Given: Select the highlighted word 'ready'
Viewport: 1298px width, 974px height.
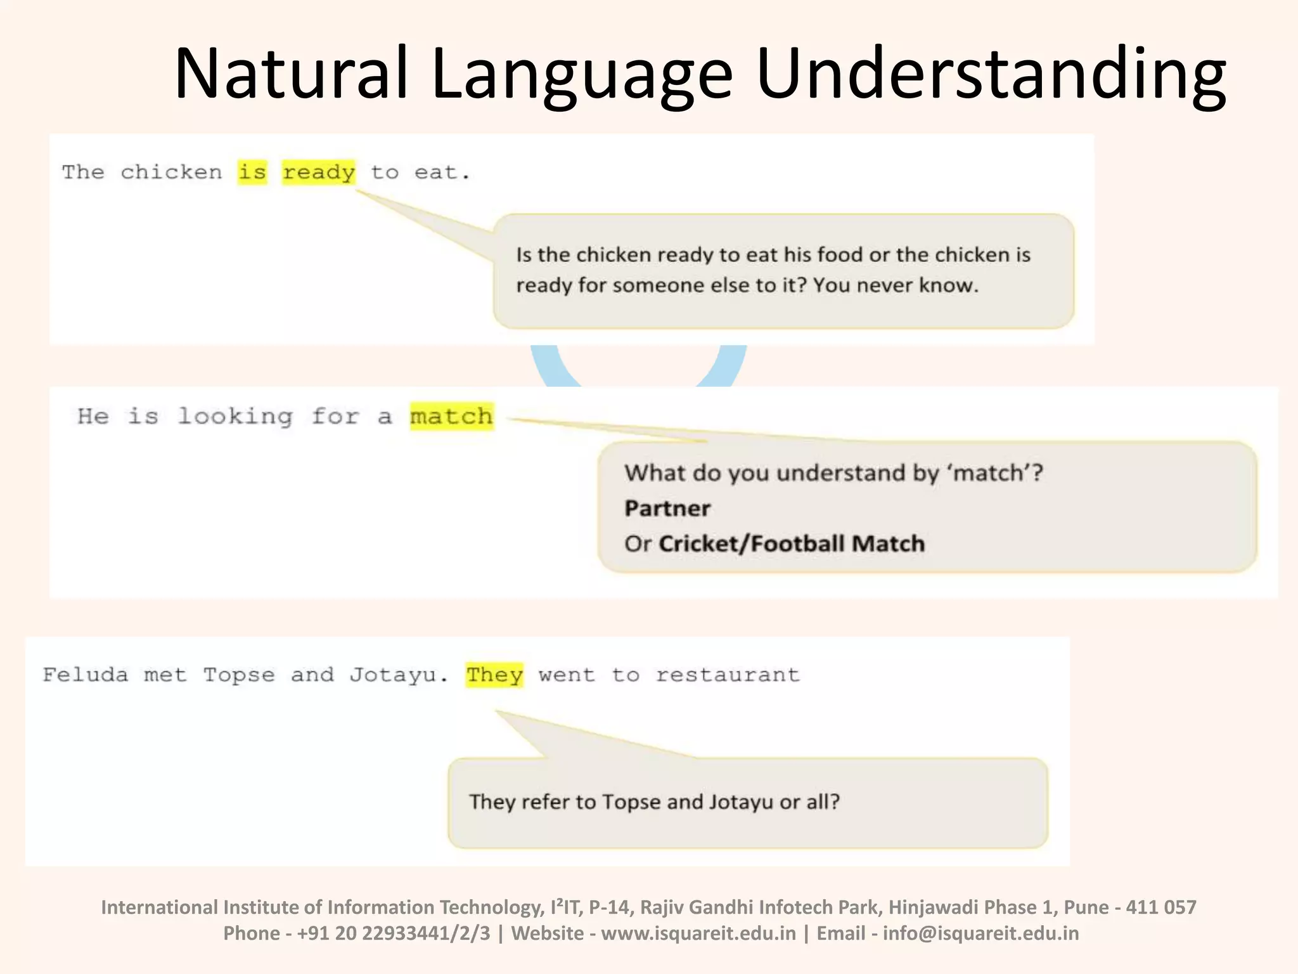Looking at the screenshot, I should [x=319, y=172].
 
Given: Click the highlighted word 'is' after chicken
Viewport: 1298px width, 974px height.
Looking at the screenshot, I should [x=252, y=172].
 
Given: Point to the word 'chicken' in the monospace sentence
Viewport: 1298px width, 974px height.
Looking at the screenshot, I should [x=171, y=172].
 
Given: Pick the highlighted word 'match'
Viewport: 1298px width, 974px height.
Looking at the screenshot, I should [x=451, y=417].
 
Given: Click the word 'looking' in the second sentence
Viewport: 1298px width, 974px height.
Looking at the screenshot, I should [x=235, y=417].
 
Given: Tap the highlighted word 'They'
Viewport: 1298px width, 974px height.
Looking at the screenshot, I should [x=495, y=675].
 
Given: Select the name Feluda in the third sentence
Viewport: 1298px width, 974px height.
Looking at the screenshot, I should [x=86, y=675].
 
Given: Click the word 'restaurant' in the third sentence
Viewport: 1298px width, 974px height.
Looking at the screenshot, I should [x=728, y=675].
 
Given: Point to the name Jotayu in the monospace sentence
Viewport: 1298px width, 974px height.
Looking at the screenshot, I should [x=393, y=675].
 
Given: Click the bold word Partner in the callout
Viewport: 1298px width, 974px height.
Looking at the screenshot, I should [x=667, y=509].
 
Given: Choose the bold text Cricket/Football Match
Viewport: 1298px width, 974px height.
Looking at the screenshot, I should [x=792, y=544].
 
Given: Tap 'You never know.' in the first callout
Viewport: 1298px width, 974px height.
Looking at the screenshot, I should [x=896, y=285].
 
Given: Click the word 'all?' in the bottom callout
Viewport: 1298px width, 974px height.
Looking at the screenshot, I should [x=823, y=802].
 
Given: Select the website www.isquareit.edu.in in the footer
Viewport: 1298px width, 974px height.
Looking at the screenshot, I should [x=698, y=933].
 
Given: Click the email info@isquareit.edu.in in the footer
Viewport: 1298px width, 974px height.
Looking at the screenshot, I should [x=980, y=933].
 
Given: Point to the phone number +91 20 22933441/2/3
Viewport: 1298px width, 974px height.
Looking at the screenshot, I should [x=394, y=933].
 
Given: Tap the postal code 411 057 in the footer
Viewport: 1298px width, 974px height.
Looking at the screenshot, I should [x=1161, y=907].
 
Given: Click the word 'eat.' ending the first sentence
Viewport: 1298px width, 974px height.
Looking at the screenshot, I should [x=442, y=172].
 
